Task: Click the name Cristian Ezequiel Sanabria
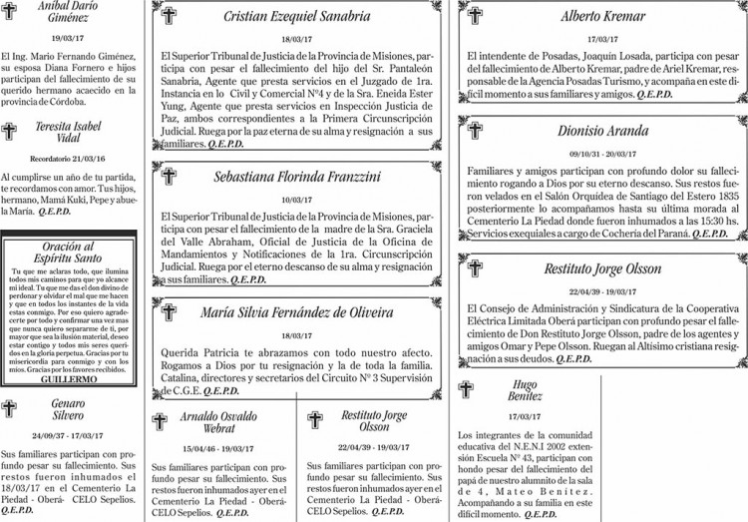pyautogui.click(x=296, y=16)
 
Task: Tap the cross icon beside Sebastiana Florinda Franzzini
pyautogui.click(x=169, y=177)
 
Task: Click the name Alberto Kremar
pyautogui.click(x=602, y=16)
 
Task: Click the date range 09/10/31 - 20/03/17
pyautogui.click(x=602, y=154)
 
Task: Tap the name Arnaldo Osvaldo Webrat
pyautogui.click(x=218, y=422)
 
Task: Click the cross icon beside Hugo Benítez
pyautogui.click(x=467, y=389)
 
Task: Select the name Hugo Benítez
pyautogui.click(x=524, y=390)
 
